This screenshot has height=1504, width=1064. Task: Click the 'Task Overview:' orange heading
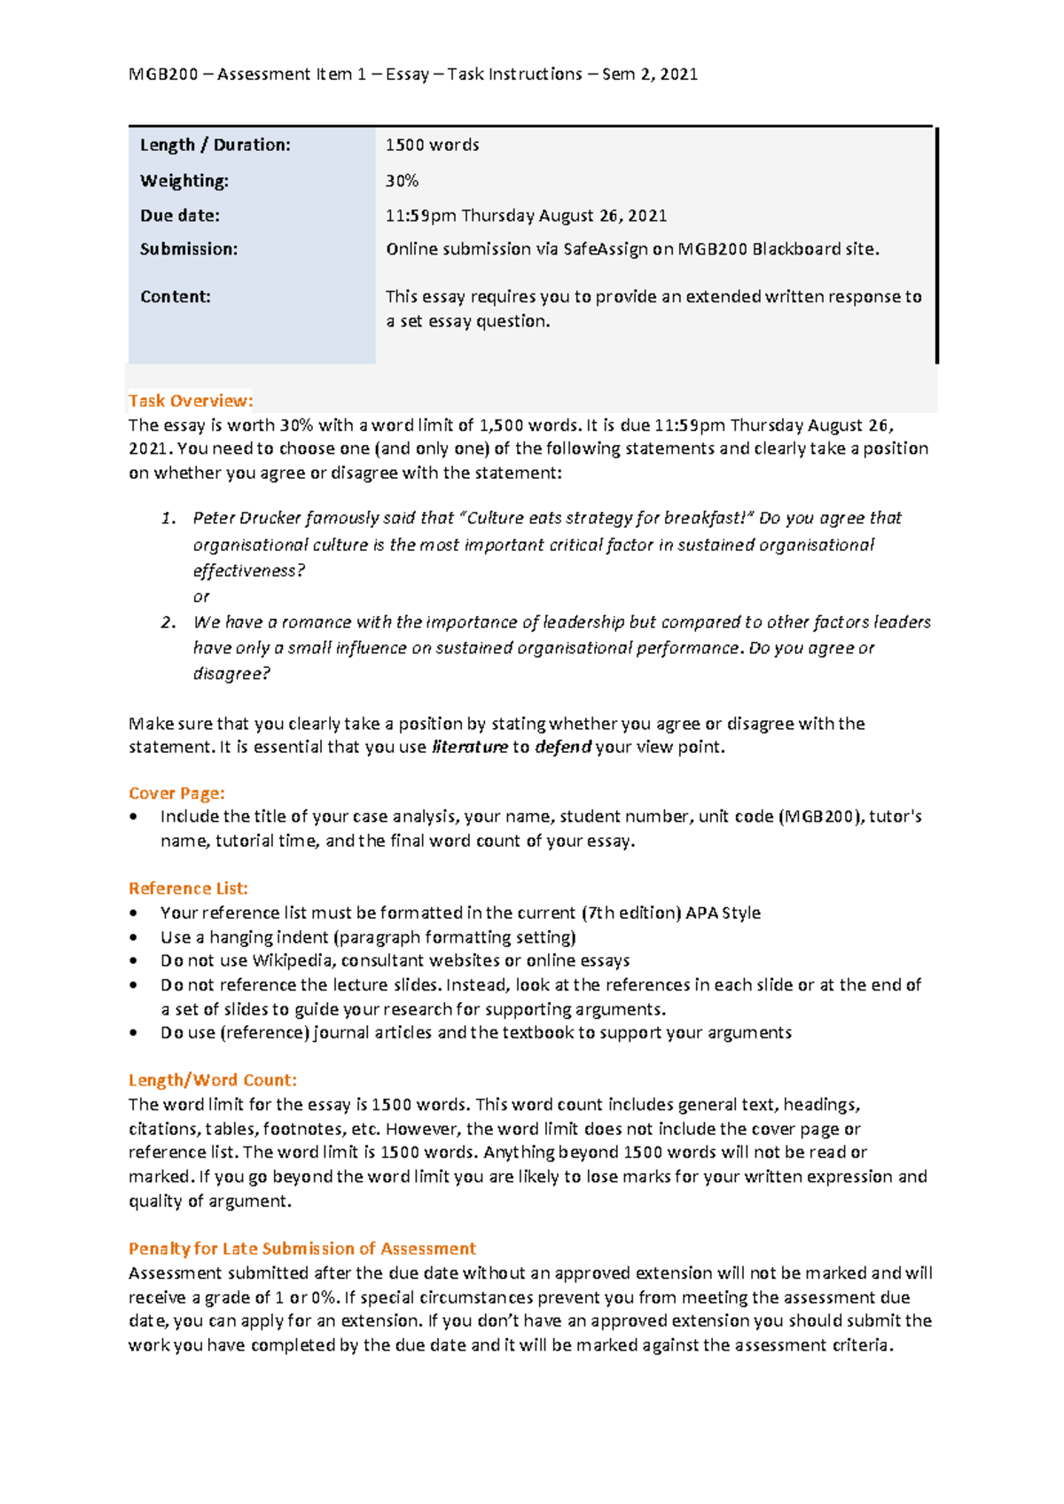[191, 401]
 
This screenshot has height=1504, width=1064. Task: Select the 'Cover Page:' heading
[176, 794]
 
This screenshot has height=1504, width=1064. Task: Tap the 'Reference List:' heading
[188, 889]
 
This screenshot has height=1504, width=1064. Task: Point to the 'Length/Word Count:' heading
[213, 1080]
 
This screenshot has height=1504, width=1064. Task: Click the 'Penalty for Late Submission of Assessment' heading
[302, 1249]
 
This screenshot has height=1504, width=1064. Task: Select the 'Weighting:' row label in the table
[184, 181]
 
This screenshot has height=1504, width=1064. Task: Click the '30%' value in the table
[402, 181]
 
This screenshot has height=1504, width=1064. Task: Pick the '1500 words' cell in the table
[433, 145]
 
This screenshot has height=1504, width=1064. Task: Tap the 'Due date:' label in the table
[180, 215]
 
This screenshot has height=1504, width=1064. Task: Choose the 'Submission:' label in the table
[189, 249]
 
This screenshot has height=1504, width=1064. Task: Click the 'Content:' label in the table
[176, 297]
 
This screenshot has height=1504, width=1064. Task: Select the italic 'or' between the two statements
[201, 597]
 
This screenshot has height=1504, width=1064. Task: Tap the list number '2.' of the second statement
[168, 623]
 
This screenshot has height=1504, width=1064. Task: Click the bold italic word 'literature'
[469, 748]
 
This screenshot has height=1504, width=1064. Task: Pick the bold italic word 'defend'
[563, 748]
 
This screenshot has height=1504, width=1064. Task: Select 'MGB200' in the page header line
[163, 74]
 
